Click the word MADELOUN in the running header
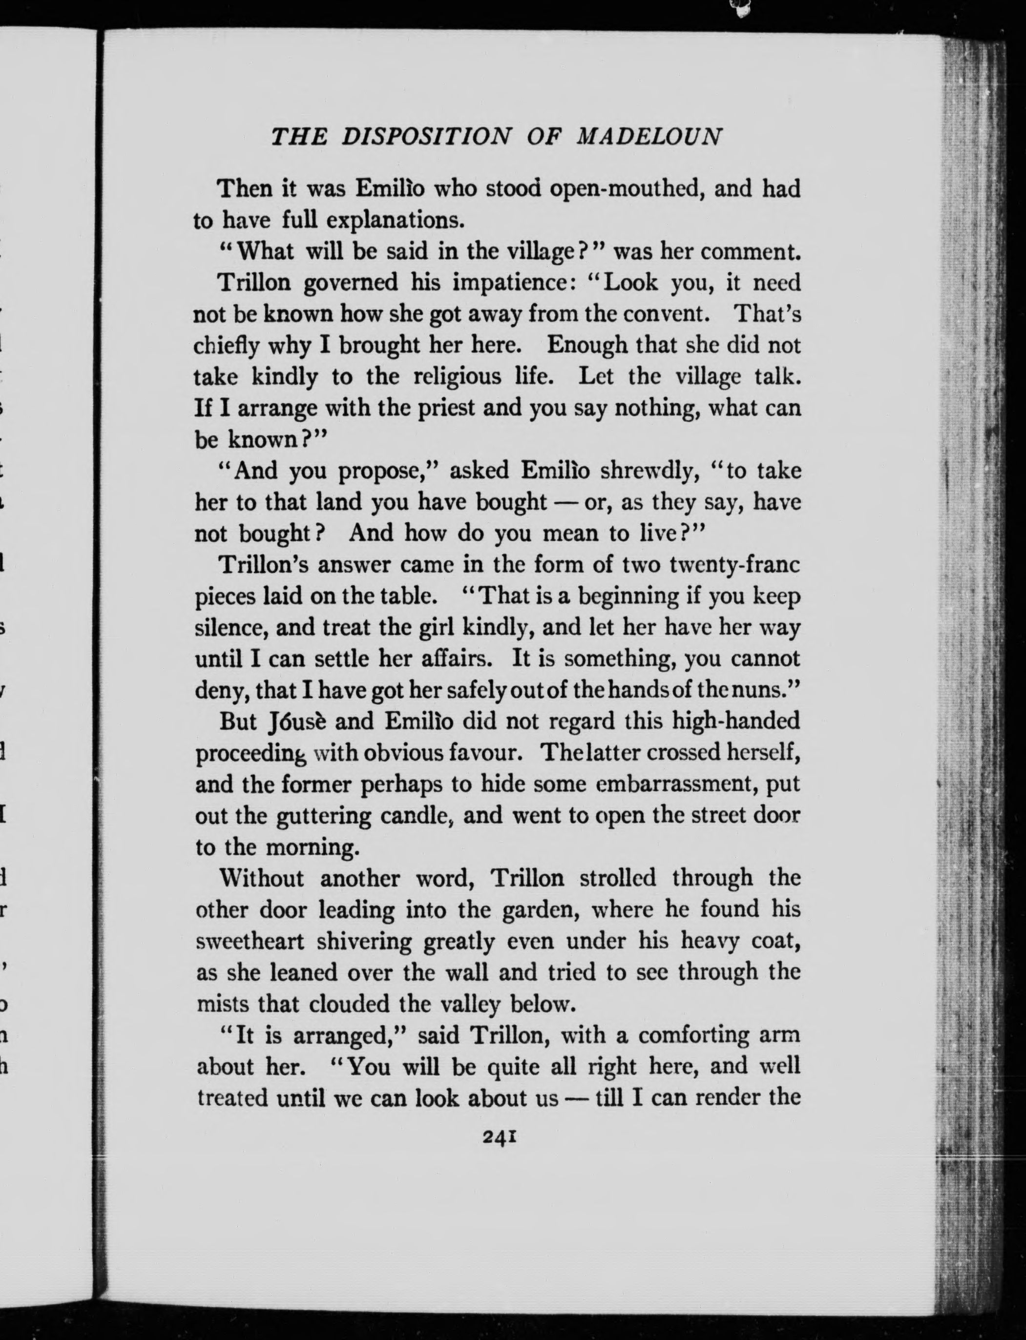click(x=649, y=137)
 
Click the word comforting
click(x=702, y=1036)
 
